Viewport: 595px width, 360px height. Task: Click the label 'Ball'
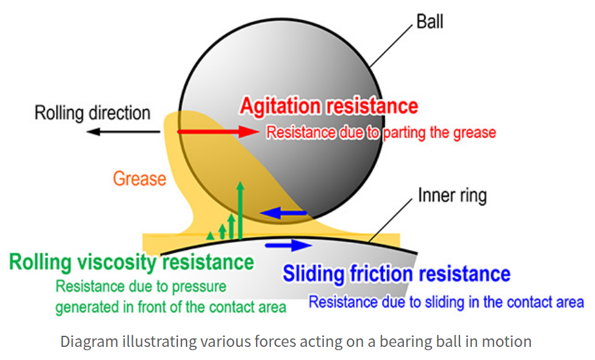(429, 21)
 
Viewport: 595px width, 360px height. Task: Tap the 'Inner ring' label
(452, 195)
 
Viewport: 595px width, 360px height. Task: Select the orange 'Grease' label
(139, 179)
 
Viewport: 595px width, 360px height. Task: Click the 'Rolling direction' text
(92, 113)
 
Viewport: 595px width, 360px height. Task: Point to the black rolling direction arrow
(123, 132)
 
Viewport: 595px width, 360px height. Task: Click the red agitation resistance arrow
(218, 132)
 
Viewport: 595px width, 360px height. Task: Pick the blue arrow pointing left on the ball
(283, 213)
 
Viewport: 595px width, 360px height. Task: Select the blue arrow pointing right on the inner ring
(289, 245)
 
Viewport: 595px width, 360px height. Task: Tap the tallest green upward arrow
(240, 211)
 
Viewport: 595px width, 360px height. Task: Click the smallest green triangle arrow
(210, 236)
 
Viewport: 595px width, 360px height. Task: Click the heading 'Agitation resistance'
(329, 106)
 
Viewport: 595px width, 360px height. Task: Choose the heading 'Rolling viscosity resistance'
(132, 262)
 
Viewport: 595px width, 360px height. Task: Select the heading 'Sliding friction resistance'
(397, 274)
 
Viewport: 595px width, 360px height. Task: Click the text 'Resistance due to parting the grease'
(381, 133)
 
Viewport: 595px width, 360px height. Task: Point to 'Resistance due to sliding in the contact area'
(446, 302)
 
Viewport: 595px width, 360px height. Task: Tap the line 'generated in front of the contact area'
(171, 307)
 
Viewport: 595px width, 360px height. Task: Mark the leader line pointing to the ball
(391, 46)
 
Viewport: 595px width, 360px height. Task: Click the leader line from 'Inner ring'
(391, 221)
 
